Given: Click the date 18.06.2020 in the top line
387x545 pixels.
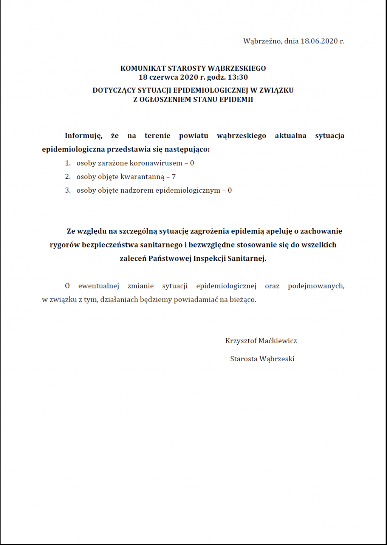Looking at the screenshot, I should pos(319,41).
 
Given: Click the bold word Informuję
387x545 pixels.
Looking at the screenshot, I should pos(84,136).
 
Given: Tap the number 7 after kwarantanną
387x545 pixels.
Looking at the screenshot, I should pos(174,177).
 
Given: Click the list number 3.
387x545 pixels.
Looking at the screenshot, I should pos(68,190).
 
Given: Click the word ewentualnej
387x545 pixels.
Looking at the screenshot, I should pos(99,286).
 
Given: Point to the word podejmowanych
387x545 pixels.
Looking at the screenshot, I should pos(316,286).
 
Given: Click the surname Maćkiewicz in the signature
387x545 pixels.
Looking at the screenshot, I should pos(278,341).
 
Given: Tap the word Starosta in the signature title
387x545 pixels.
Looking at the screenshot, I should pos(244,359).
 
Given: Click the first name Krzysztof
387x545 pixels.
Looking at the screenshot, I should pos(241,341).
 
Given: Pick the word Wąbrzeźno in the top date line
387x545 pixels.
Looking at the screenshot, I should pos(262,41).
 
